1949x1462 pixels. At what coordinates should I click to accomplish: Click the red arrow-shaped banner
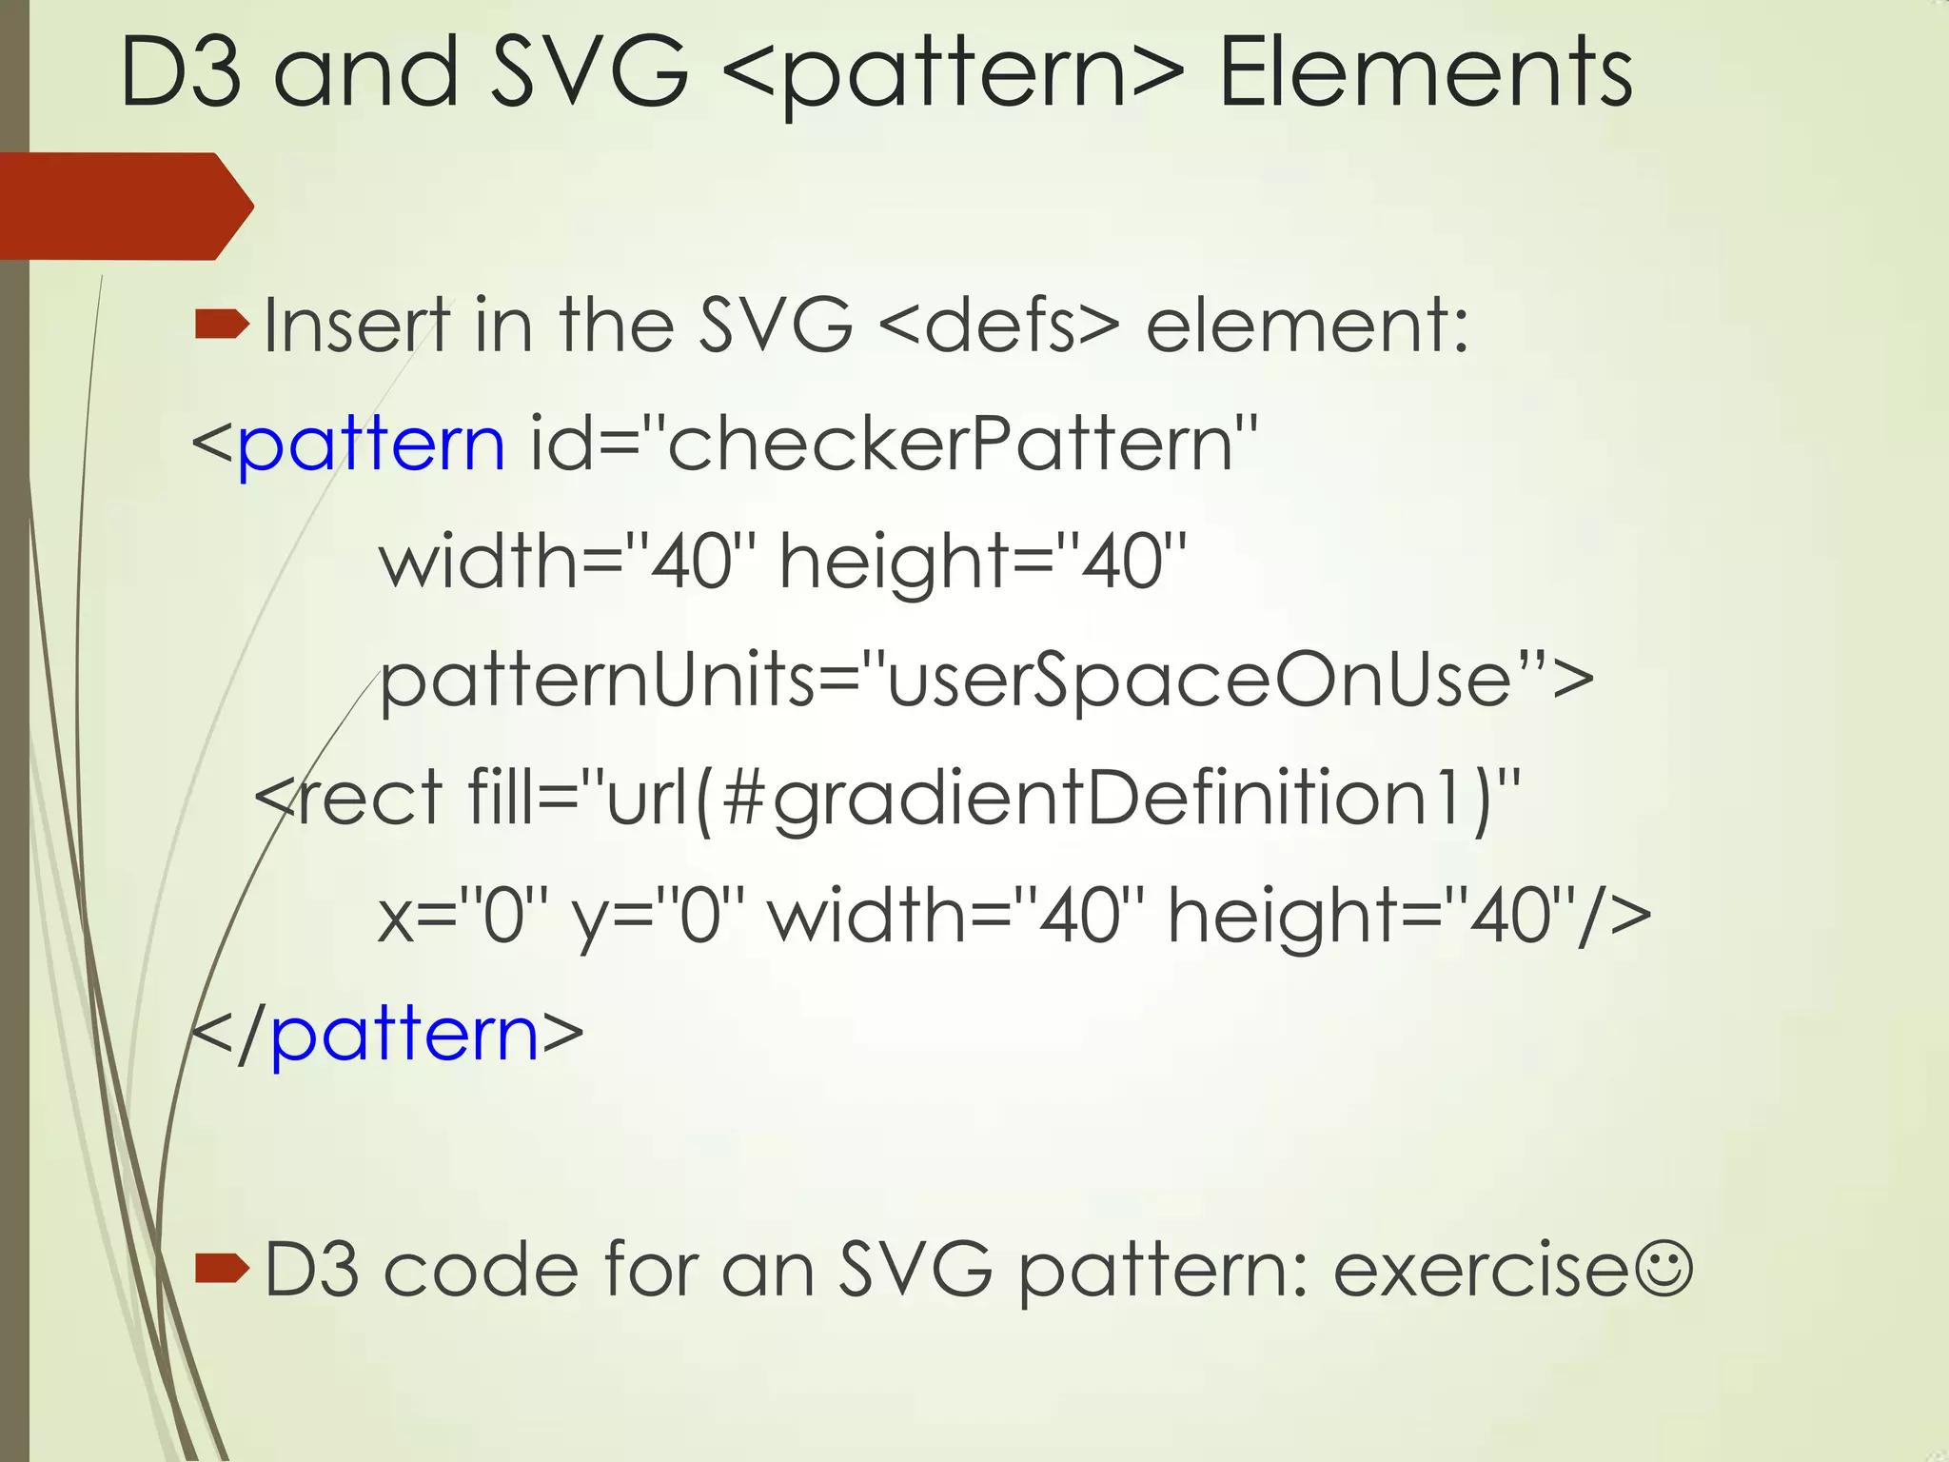124,206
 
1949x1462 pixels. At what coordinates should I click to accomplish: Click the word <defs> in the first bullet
998,326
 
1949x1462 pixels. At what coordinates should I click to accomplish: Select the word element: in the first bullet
1307,326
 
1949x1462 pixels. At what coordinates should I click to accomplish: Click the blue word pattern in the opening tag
371,445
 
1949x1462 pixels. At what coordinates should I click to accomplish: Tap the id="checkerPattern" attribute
894,444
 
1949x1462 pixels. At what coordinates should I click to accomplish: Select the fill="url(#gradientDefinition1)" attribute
994,798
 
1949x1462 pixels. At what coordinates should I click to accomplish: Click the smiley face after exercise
1664,1270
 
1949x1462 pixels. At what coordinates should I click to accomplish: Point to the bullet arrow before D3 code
221,1268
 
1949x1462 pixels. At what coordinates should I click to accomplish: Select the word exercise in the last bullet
1481,1270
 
